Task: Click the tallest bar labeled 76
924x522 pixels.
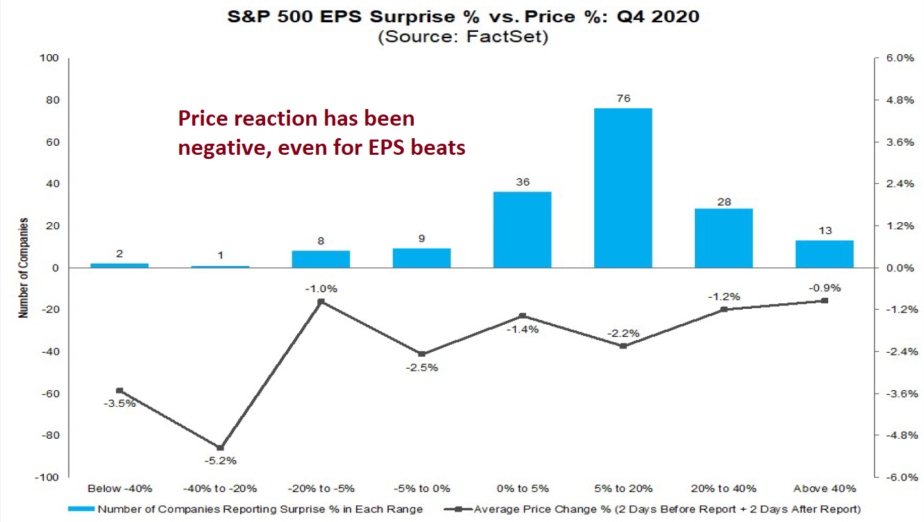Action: point(623,187)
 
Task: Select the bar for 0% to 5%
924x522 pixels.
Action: point(522,230)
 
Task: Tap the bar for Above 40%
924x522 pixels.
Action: point(824,254)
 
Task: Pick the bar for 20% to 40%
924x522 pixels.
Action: point(723,238)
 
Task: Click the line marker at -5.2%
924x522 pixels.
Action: point(220,448)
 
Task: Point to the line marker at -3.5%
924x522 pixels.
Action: point(119,391)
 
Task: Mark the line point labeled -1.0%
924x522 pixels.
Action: point(321,302)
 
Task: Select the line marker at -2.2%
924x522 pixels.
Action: point(623,346)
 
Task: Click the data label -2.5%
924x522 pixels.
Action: point(422,368)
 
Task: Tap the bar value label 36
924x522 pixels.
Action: point(522,183)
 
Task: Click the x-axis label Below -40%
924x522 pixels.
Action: point(119,489)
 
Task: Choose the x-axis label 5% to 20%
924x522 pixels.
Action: point(623,489)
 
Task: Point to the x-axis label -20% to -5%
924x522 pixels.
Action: point(321,489)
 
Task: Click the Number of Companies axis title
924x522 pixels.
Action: point(24,268)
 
